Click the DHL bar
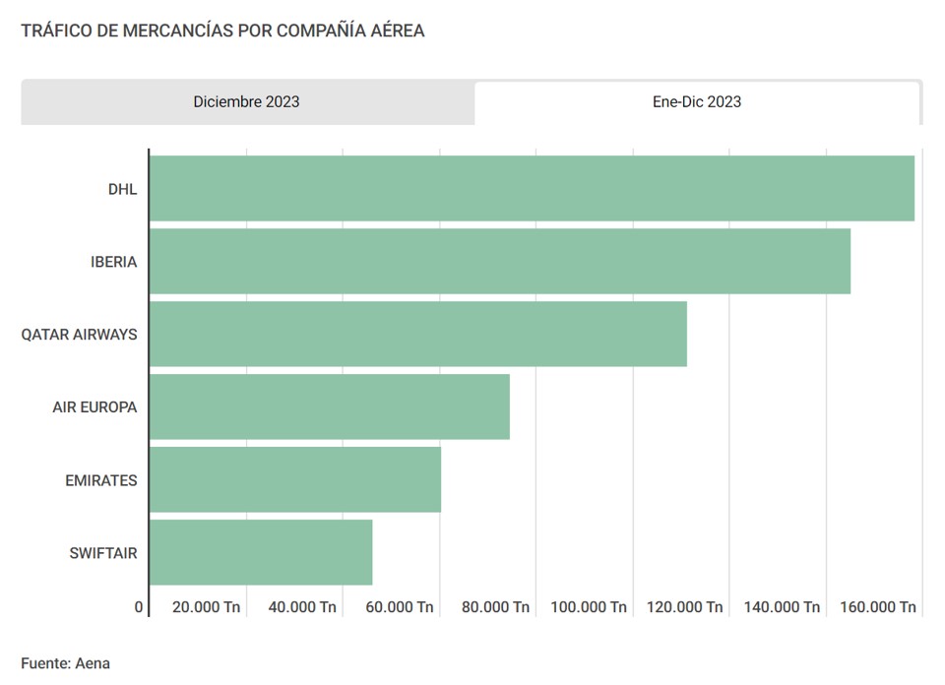tap(532, 188)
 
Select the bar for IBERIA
tap(500, 261)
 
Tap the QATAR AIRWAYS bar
tap(418, 334)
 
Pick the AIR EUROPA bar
tap(330, 406)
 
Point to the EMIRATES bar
tap(295, 479)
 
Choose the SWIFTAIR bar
tap(261, 552)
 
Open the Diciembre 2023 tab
tap(247, 102)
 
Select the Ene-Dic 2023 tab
tap(697, 102)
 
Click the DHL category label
tap(122, 189)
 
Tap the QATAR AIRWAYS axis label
tap(80, 335)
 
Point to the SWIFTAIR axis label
tap(103, 553)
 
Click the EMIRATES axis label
tap(101, 480)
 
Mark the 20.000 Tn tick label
tap(206, 607)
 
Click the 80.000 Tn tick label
tap(495, 607)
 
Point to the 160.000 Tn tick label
tap(878, 607)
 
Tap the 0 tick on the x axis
tap(139, 607)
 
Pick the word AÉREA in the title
tap(398, 31)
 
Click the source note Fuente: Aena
tap(65, 663)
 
